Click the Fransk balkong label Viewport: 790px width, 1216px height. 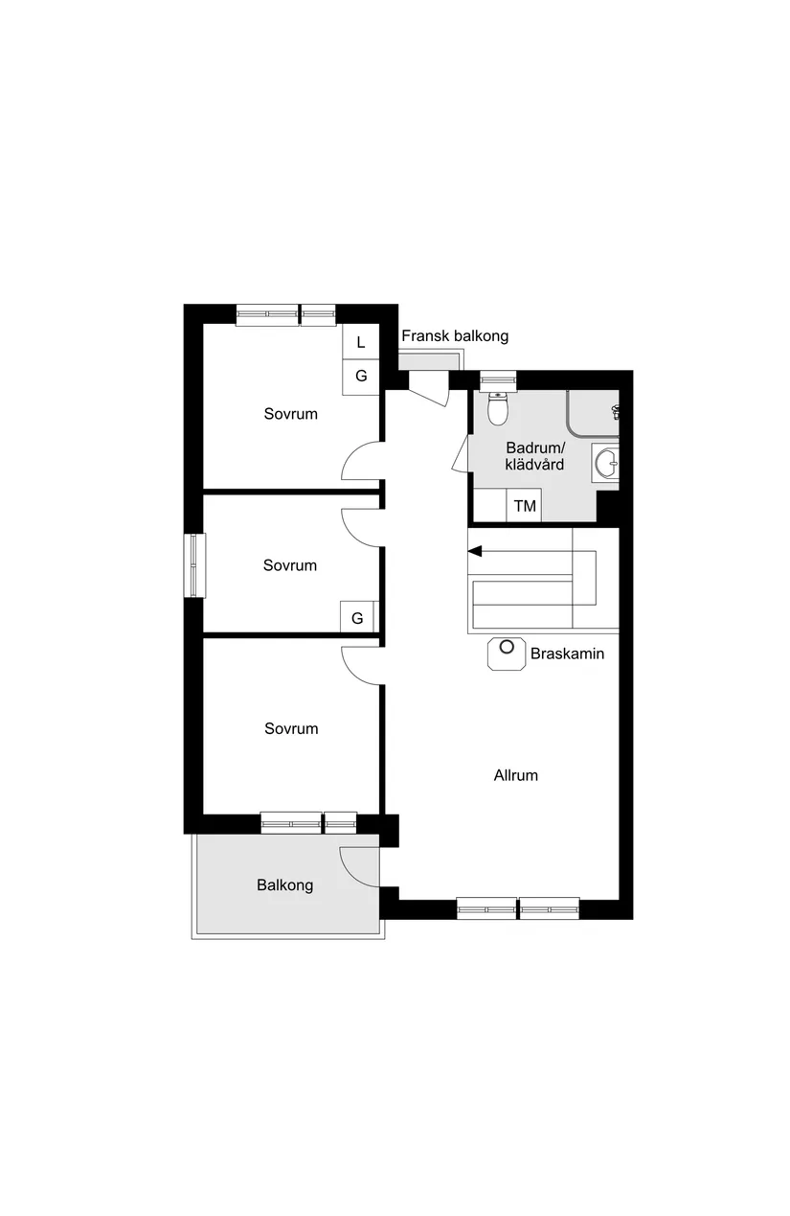click(455, 336)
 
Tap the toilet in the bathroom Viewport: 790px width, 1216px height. click(497, 410)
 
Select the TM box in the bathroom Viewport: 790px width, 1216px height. click(525, 506)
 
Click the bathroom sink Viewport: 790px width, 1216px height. click(606, 464)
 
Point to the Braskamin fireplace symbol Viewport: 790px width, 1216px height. click(506, 654)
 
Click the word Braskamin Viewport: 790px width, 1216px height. click(567, 654)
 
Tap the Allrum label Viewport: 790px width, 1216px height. click(515, 775)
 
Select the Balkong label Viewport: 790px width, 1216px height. click(284, 885)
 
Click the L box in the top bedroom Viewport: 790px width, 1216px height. click(361, 342)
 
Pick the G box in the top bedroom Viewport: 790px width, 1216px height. click(361, 376)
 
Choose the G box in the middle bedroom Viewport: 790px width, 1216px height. click(357, 618)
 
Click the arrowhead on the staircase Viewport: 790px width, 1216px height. click(474, 551)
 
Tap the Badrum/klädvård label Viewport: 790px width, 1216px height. click(535, 456)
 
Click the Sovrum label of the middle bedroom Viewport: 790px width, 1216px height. click(289, 565)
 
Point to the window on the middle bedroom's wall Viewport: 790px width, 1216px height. click(194, 564)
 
